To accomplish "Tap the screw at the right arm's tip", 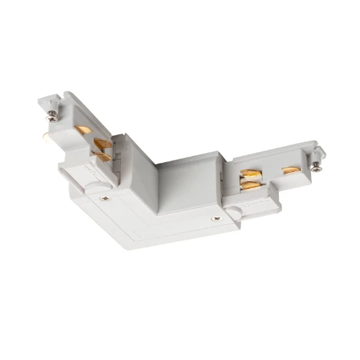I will [x=317, y=166].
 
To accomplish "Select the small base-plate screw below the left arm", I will [x=104, y=198].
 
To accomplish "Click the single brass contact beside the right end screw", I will [x=291, y=170].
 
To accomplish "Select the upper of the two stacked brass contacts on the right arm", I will [x=250, y=173].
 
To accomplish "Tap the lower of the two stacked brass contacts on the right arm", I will [x=249, y=185].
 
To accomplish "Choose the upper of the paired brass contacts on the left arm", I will [x=103, y=145].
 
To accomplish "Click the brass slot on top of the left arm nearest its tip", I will [x=82, y=130].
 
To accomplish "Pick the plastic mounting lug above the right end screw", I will [x=319, y=152].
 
